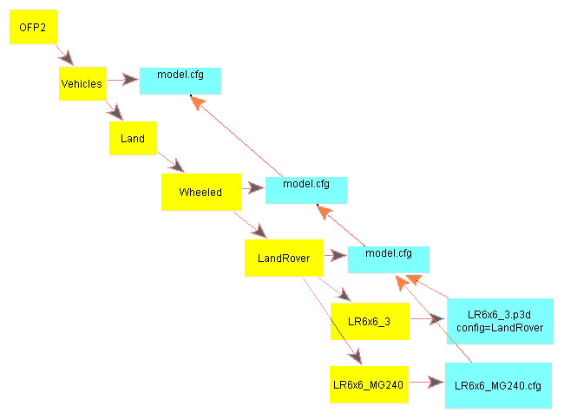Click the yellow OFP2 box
(x=32, y=29)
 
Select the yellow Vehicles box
(x=82, y=84)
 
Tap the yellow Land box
(x=133, y=138)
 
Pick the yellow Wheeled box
(x=200, y=192)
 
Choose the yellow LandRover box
(x=284, y=258)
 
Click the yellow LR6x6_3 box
(x=369, y=322)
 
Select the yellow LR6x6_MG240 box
(x=369, y=383)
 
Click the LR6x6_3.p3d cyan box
(x=499, y=320)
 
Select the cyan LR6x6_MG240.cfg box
(x=498, y=385)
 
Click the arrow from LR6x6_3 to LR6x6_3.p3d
(x=425, y=319)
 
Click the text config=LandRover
(x=499, y=327)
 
